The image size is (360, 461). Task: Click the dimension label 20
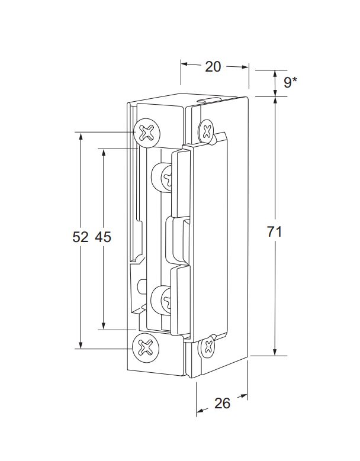click(x=213, y=67)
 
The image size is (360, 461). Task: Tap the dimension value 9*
click(x=290, y=82)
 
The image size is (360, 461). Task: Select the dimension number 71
click(x=274, y=231)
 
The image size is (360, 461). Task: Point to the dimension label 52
click(x=81, y=237)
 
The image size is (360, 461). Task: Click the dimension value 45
click(x=103, y=237)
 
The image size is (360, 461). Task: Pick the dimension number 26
click(x=222, y=404)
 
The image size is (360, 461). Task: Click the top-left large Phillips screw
click(x=147, y=133)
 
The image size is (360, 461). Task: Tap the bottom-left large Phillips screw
click(x=146, y=348)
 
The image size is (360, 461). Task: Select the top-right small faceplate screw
click(x=207, y=131)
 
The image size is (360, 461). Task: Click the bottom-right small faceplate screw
click(x=208, y=346)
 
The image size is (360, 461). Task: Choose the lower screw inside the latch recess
click(x=161, y=301)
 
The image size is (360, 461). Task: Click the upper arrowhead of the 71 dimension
click(x=275, y=101)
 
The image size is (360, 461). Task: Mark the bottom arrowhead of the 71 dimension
click(x=275, y=352)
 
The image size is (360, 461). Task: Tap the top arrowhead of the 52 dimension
click(x=81, y=136)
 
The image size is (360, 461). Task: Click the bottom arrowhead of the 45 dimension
click(x=103, y=325)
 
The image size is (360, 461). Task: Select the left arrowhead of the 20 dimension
click(x=185, y=64)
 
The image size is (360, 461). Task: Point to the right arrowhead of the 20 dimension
click(x=245, y=67)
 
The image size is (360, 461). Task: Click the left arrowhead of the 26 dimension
click(x=200, y=410)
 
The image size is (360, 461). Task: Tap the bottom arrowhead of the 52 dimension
click(x=81, y=345)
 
